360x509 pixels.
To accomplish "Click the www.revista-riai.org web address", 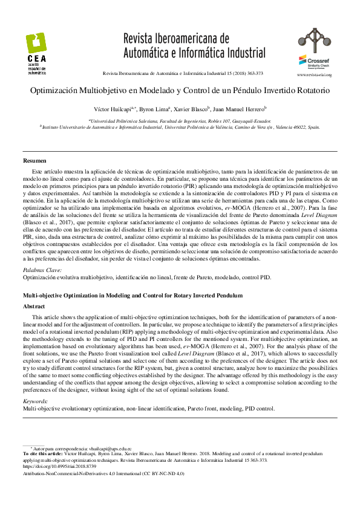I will (x=313, y=74).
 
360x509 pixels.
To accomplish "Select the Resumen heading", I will (x=34, y=160).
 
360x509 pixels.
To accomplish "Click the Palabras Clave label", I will (x=42, y=271).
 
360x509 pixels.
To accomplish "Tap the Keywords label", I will (x=36, y=401).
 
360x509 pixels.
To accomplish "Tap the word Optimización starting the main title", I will (x=60, y=91).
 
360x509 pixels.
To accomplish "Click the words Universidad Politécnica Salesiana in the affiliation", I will (x=127, y=121).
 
